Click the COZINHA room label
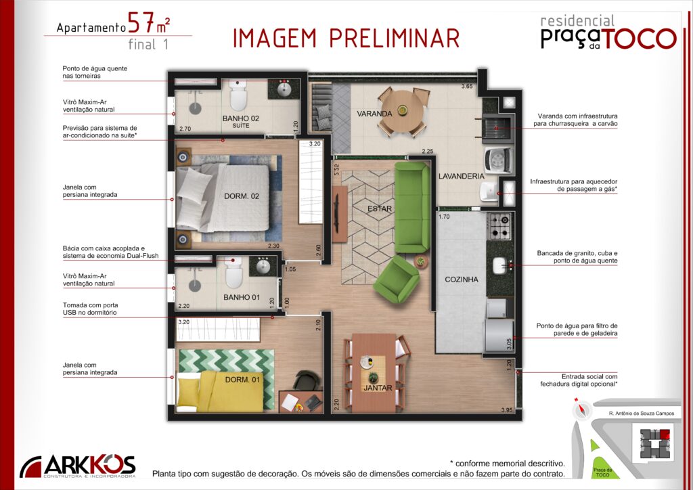pos(462,280)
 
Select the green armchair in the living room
pos(397,280)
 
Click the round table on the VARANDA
pos(403,112)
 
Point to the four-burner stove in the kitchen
pos(500,226)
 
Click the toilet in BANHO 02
pos(238,95)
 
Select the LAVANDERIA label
pos(462,176)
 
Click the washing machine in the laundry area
pos(499,160)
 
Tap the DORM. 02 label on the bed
pos(242,196)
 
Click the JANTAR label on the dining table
pos(378,388)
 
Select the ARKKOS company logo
pos(78,466)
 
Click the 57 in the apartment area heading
pos(141,23)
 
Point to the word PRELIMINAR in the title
pos(395,38)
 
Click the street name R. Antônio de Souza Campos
pos(642,414)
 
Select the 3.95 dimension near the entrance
pos(507,410)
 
